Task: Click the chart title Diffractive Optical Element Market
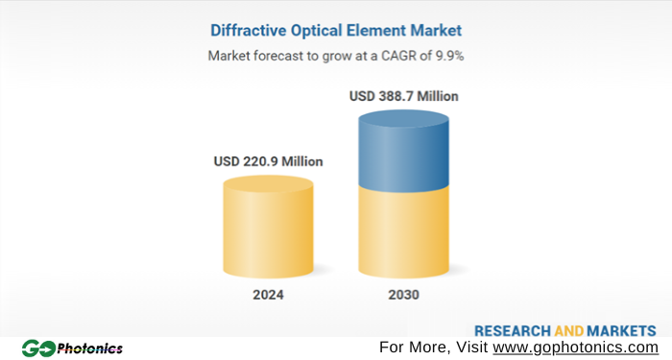[336, 30]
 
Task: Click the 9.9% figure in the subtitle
[446, 56]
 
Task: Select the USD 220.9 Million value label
[268, 161]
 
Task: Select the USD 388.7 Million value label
[403, 97]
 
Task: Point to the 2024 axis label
[268, 295]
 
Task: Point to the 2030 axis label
[403, 295]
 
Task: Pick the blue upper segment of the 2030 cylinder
[403, 154]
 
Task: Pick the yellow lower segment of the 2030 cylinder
[403, 230]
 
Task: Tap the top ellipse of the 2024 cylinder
[268, 183]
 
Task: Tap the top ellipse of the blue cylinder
[403, 120]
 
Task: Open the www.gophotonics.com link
[575, 347]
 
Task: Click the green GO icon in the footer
[38, 348]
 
